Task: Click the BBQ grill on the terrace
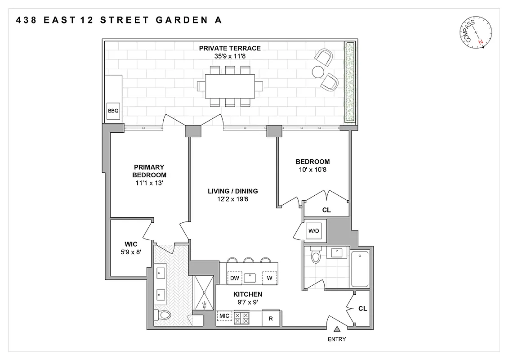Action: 112,110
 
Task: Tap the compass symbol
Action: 477,33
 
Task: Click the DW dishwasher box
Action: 234,278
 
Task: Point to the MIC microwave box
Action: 224,316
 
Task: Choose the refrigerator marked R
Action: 271,318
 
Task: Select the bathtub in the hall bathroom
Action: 360,269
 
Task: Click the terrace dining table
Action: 230,86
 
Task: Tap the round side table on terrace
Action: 318,72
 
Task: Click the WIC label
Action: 131,244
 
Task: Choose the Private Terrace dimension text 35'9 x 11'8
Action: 230,56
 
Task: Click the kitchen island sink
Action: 250,278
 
